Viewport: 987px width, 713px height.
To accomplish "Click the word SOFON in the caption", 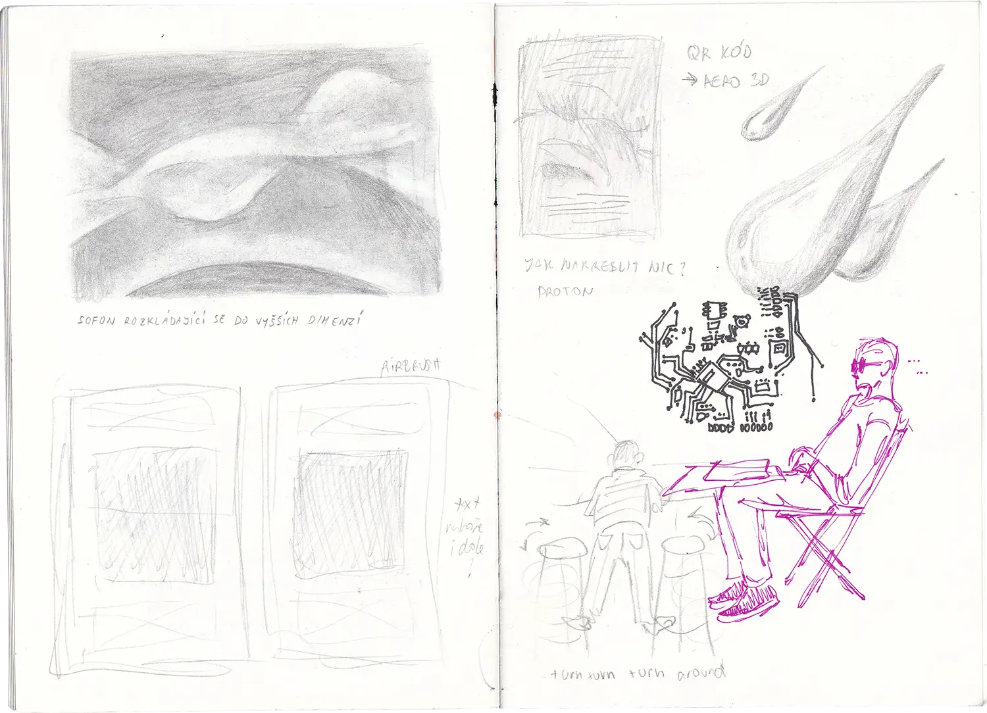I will coord(96,322).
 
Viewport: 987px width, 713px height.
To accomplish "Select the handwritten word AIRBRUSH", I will coord(411,367).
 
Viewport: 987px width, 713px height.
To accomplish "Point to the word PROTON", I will coord(565,291).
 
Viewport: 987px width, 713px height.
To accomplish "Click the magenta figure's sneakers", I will coord(747,600).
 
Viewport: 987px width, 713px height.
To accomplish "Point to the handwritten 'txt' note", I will coord(468,504).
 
